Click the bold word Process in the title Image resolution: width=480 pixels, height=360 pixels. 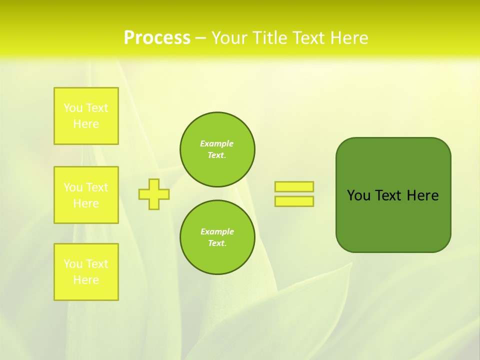[157, 38]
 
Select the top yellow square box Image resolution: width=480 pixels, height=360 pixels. [86, 116]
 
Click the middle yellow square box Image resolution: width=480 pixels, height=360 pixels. [86, 195]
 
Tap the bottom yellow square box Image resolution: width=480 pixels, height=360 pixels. [86, 272]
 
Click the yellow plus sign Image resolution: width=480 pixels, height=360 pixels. [154, 194]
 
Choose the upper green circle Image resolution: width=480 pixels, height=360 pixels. [217, 149]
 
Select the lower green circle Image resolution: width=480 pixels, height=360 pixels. [217, 237]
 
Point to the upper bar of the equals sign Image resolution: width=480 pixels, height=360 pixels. [294, 186]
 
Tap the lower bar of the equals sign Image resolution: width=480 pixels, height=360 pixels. [294, 201]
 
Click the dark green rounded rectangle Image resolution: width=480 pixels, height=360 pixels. [393, 220]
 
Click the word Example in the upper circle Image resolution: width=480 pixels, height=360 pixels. [217, 143]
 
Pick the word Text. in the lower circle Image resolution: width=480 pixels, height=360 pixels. [217, 243]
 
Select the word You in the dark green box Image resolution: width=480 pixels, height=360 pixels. [358, 195]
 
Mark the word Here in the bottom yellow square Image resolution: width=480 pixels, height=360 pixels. [86, 280]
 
